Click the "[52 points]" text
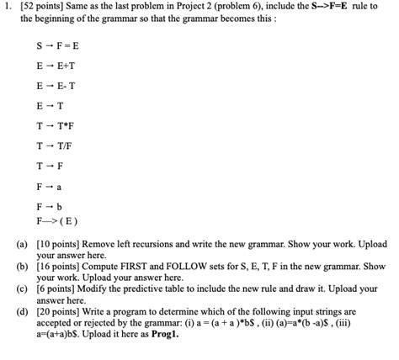click(51, 6)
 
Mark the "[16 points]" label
click(60, 267)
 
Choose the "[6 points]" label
click(57, 289)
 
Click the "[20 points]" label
click(60, 311)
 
